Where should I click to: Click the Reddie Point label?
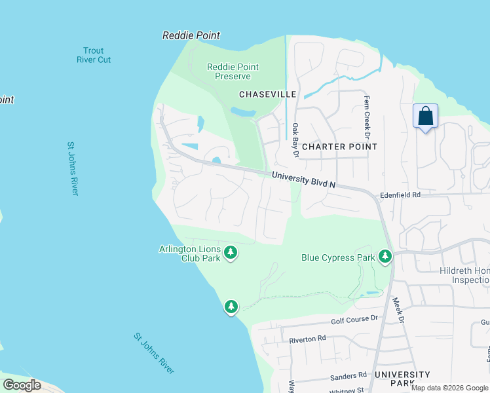191,35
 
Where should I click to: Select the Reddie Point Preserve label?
233,71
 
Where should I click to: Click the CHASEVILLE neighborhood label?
268,94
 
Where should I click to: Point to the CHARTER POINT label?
339,147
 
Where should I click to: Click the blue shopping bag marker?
426,117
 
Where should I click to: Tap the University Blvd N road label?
303,180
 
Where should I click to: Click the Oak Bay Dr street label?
295,140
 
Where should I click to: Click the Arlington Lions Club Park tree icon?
230,252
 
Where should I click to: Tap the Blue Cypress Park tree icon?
386,257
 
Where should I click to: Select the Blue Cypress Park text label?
338,257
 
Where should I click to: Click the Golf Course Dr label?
355,318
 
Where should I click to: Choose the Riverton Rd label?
307,339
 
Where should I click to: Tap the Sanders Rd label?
349,375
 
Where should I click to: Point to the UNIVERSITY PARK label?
402,379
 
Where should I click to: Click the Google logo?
22,385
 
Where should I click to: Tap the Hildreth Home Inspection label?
461,275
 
